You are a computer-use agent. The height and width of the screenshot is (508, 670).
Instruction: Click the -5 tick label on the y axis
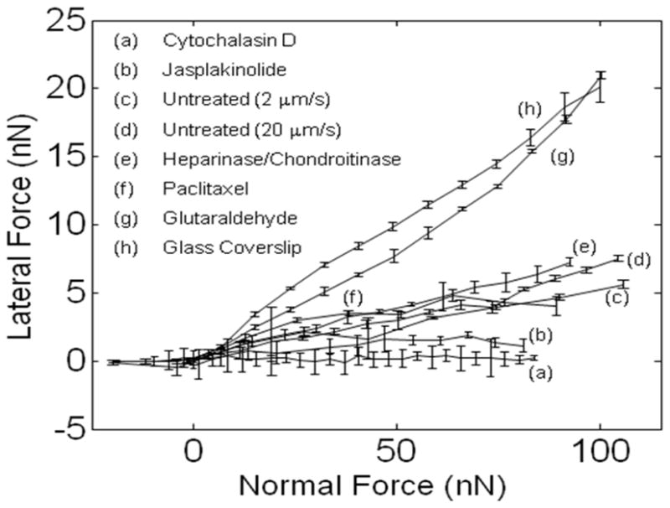coord(64,430)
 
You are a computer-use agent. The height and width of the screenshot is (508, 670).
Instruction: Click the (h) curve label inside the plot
coord(528,108)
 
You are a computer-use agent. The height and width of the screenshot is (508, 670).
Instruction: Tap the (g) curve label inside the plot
coord(561,157)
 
